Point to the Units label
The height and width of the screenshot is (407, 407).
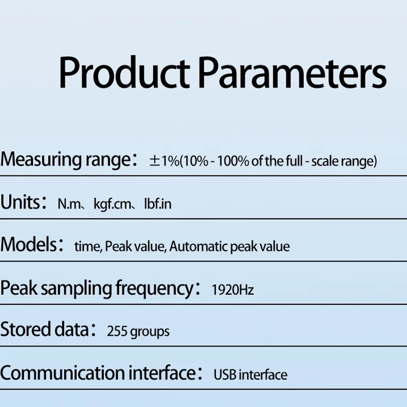click(x=20, y=202)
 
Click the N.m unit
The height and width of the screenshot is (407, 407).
click(x=69, y=204)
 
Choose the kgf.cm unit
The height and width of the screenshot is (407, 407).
click(x=112, y=205)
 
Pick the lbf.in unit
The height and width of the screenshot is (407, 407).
click(x=158, y=204)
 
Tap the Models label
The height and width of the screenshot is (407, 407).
click(x=28, y=245)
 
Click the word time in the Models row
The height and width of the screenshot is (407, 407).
click(x=87, y=247)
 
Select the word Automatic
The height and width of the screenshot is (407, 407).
click(x=198, y=247)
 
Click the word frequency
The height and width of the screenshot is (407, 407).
click(x=154, y=288)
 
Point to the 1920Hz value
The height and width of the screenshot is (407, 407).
click(x=232, y=289)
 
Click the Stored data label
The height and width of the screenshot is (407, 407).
click(x=45, y=329)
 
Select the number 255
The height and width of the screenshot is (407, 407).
click(x=117, y=332)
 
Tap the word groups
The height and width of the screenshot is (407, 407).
click(x=150, y=332)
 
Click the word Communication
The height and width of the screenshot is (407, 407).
click(x=63, y=373)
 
